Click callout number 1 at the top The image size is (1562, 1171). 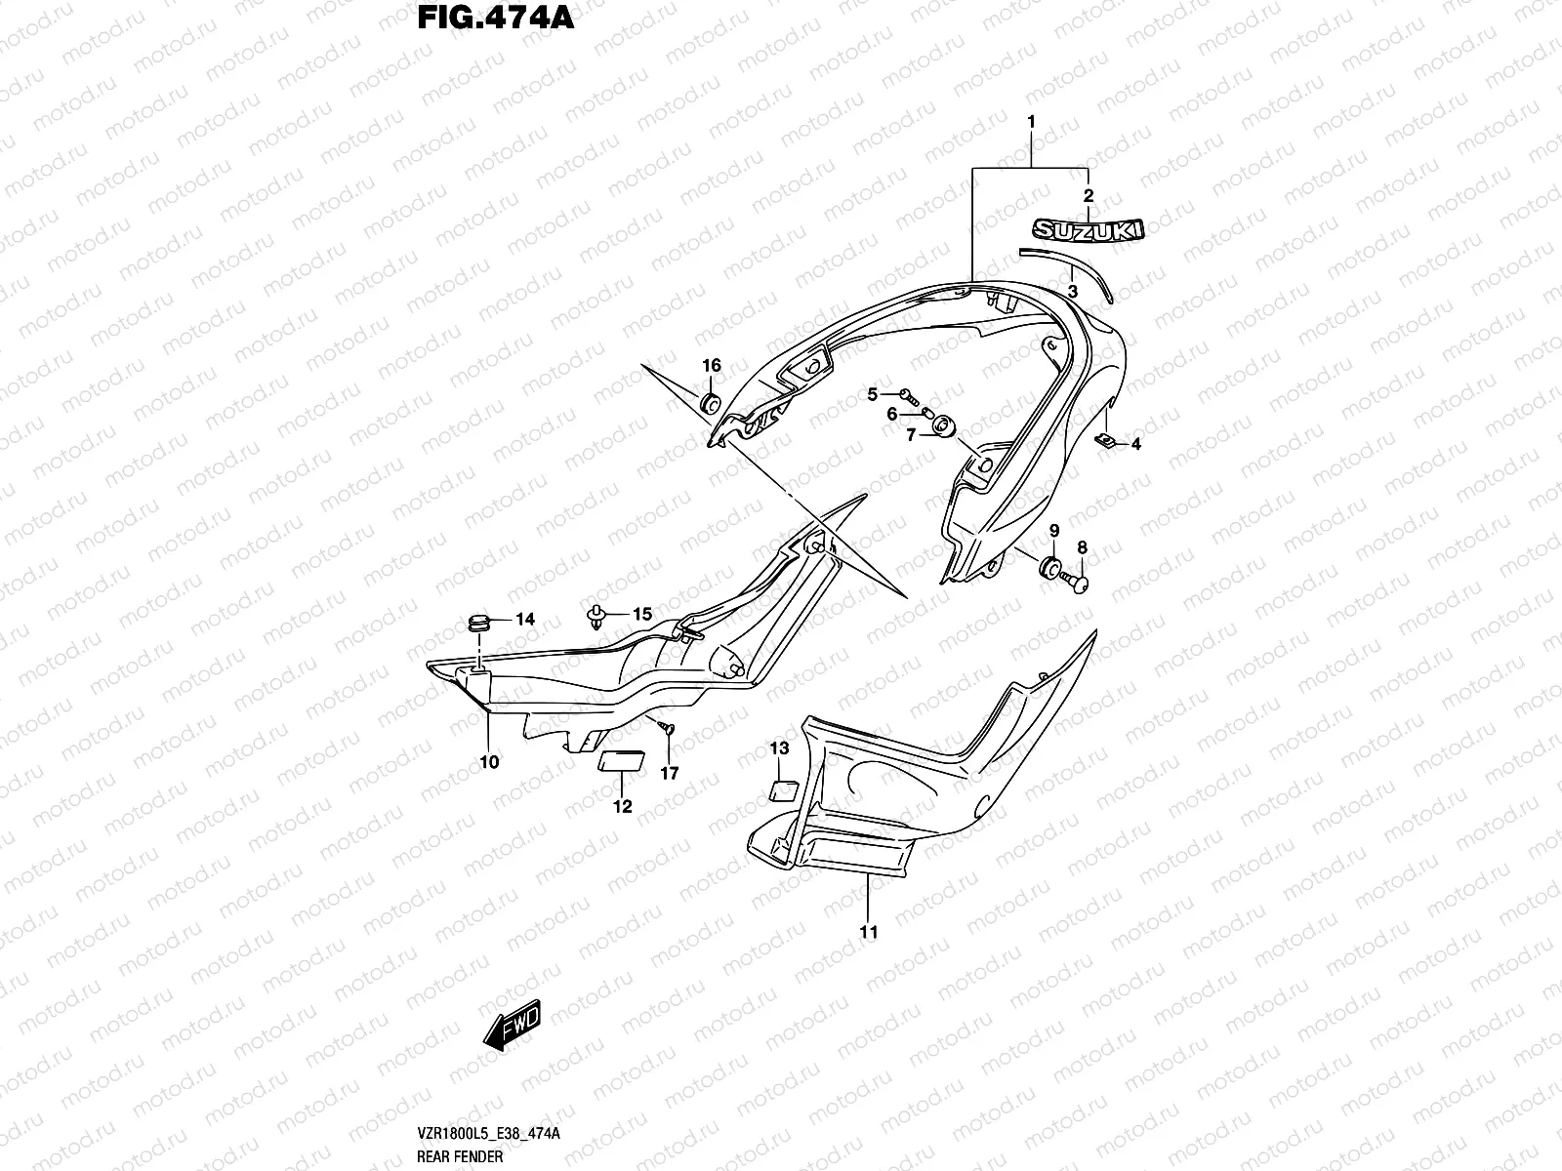click(x=1031, y=123)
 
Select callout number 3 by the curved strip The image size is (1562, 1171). click(x=1072, y=292)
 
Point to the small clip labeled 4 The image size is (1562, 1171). click(x=1105, y=441)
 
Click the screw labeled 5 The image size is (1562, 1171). click(x=910, y=395)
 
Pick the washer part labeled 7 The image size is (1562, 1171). click(x=944, y=427)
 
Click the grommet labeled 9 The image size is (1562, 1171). click(x=1051, y=568)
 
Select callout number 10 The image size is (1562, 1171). click(x=489, y=761)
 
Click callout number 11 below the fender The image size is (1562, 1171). click(x=868, y=932)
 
